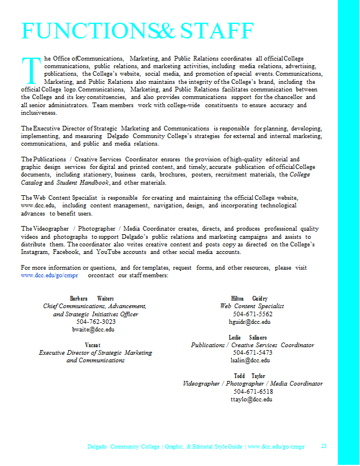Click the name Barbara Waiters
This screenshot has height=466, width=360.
tap(92, 298)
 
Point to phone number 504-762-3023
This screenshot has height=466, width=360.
tap(96, 322)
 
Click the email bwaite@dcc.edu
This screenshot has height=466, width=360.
tap(93, 329)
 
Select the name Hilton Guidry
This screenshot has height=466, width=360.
tap(249, 298)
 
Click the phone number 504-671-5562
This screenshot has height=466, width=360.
tap(252, 314)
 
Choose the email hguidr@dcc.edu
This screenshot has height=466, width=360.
tap(250, 322)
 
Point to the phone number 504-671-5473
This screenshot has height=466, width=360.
tap(252, 353)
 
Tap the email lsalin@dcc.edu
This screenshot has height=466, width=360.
tap(250, 361)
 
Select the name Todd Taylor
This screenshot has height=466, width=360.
tap(249, 376)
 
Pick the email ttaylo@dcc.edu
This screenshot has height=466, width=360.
tap(252, 400)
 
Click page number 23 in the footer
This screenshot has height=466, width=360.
tap(324, 446)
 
